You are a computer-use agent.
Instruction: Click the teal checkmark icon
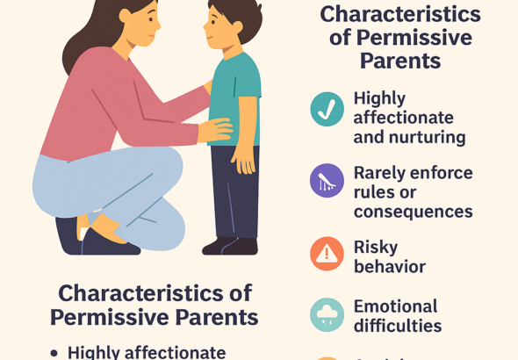(327, 109)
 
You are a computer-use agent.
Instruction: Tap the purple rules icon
(327, 181)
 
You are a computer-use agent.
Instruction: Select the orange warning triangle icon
(327, 253)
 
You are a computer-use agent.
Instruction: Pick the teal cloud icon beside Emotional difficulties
(327, 314)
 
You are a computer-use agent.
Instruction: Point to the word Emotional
(395, 306)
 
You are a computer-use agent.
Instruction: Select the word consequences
(413, 212)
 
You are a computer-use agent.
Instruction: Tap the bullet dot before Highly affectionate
(54, 352)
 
